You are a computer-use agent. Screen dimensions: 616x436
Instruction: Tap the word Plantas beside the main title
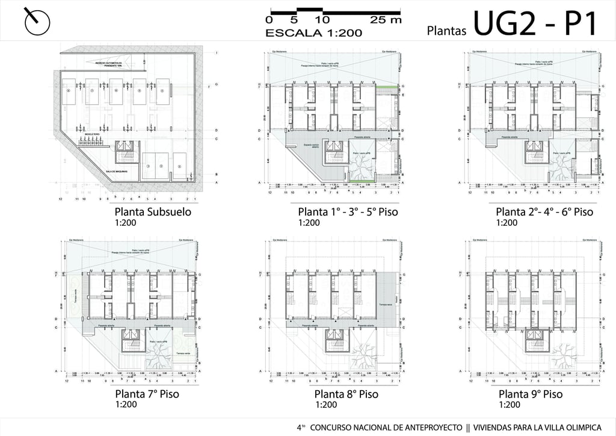pos(447,30)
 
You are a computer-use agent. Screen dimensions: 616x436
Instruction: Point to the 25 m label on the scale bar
pos(385,20)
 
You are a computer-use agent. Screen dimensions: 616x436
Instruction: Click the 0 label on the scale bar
pos(269,20)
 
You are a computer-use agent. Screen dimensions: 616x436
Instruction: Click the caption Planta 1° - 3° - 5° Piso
pos(348,212)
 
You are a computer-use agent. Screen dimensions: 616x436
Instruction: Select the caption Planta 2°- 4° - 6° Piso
pos(544,212)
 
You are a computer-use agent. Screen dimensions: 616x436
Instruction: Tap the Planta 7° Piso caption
pos(147,394)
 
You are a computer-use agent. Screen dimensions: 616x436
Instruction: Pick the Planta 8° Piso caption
pos(346,394)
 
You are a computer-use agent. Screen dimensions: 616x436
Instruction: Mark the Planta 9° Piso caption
pos(531,394)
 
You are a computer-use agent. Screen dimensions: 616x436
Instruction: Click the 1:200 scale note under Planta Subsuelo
pos(125,223)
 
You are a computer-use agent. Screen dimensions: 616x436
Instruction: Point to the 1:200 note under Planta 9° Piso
pos(509,405)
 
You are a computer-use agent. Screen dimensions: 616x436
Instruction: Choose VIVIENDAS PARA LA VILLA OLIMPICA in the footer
pos(537,427)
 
